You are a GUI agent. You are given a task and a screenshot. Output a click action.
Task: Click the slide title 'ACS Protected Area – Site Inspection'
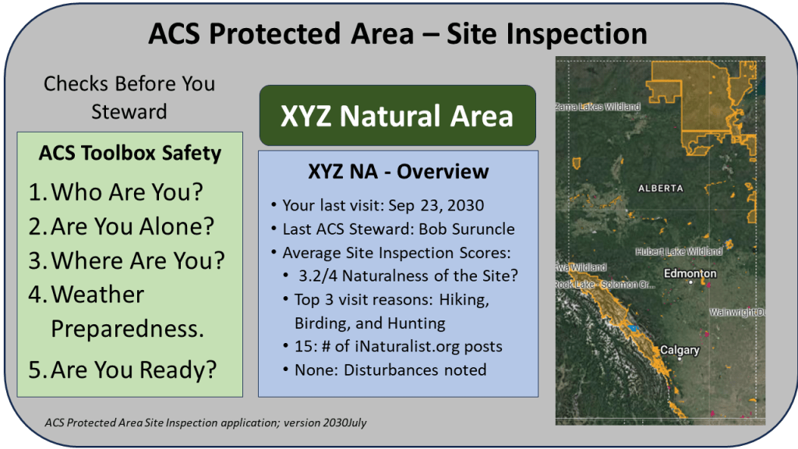398,34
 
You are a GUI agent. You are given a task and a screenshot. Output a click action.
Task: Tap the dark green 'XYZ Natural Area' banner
397,116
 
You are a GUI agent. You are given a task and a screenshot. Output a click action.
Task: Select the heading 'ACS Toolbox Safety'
129,154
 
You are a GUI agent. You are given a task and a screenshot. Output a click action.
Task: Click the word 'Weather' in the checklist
97,295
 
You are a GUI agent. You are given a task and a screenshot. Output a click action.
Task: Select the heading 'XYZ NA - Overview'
398,171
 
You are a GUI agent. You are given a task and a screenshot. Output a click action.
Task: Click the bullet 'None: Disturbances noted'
390,369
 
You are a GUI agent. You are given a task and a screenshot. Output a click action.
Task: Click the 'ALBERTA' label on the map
660,188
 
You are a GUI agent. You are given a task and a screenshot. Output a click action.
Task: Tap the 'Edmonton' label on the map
690,274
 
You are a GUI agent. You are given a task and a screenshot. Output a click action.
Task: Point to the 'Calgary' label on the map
680,351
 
